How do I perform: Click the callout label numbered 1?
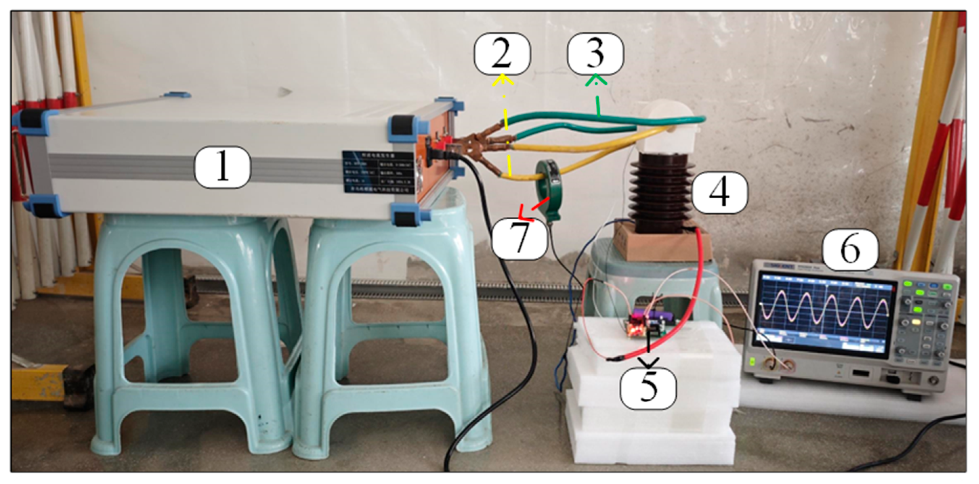pyautogui.click(x=223, y=167)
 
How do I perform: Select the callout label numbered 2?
pyautogui.click(x=502, y=54)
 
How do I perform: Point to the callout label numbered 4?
pyautogui.click(x=719, y=192)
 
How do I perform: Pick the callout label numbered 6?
pyautogui.click(x=851, y=249)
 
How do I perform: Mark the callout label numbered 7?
pyautogui.click(x=519, y=239)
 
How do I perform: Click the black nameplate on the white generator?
pyautogui.click(x=377, y=172)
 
